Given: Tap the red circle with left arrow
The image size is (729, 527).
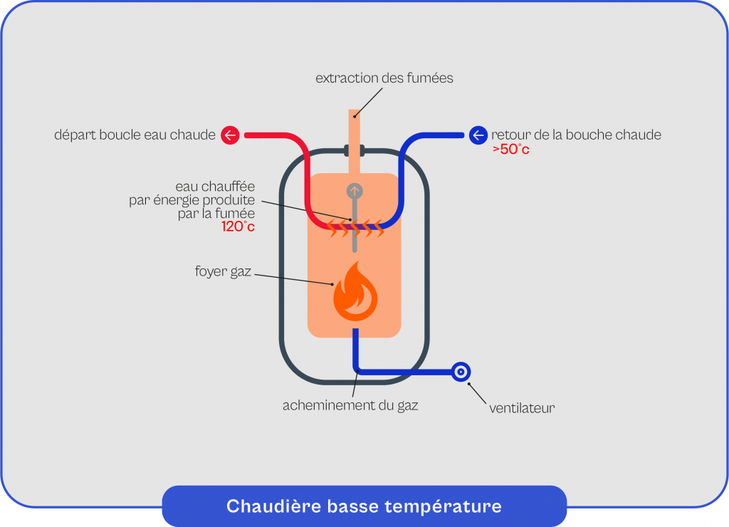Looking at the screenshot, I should [230, 135].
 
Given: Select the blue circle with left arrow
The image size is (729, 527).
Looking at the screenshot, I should [478, 135].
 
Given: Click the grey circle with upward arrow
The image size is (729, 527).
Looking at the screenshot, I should [355, 191].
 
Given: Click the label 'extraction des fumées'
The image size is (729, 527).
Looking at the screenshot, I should [384, 78].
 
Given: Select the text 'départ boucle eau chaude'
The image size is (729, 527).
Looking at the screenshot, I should [135, 135].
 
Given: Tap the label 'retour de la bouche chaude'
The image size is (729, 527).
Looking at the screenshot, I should [576, 135].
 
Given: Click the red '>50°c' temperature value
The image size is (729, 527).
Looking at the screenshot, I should [510, 150].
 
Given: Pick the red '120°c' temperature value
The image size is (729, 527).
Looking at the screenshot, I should [238, 227].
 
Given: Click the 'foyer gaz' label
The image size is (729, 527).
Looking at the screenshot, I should [223, 271].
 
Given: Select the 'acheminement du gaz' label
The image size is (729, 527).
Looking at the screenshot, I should [350, 406].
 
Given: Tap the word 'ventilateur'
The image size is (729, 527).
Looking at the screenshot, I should [522, 408].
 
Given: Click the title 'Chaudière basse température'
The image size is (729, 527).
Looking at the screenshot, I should [364, 506].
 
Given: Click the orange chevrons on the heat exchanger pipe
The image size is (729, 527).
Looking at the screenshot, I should [354, 228].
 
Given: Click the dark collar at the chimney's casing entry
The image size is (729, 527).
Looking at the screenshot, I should [355, 151].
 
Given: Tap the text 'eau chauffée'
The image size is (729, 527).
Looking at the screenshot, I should [215, 188].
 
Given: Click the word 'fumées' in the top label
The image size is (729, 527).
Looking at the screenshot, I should [429, 78].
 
